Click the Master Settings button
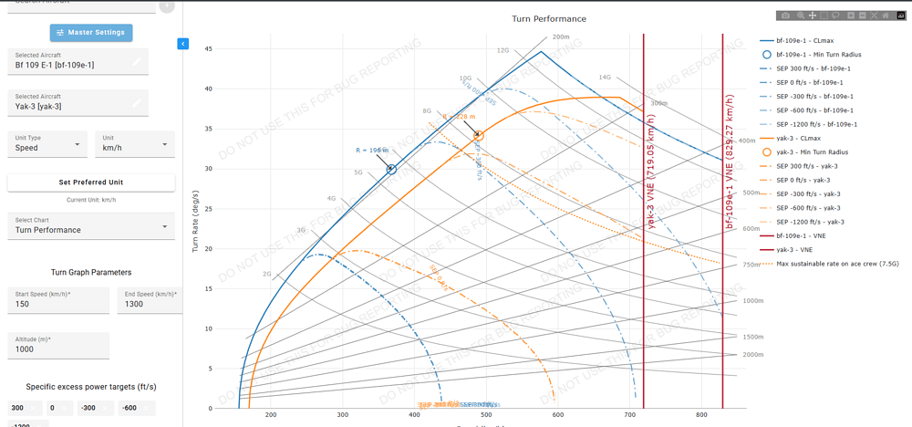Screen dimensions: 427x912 click(91, 33)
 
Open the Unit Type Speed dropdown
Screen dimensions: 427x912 click(48, 143)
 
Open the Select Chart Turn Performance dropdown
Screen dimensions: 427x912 click(91, 225)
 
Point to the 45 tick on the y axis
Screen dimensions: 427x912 click(208, 48)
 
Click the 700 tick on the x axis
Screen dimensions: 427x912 click(629, 416)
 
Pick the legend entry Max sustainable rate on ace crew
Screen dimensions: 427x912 click(834, 264)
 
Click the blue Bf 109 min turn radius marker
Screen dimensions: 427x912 click(391, 169)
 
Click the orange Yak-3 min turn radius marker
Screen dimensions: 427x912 click(479, 135)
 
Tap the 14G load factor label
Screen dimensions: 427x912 click(604, 78)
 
